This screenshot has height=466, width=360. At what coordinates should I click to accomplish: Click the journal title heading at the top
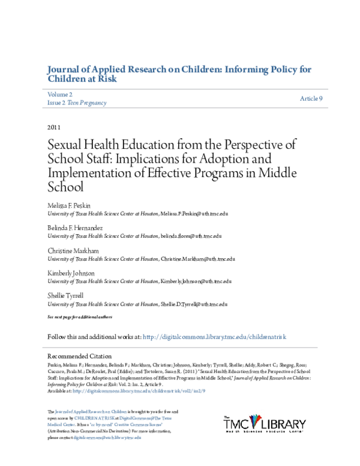tap(178, 74)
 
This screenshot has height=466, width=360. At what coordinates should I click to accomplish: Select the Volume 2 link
tap(59, 94)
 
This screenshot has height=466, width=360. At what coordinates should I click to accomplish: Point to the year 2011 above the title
tap(55, 127)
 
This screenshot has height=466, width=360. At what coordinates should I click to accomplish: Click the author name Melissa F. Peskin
tap(71, 206)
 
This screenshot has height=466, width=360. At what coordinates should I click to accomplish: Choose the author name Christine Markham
tap(73, 251)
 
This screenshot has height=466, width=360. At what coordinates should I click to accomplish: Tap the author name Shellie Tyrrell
tap(67, 295)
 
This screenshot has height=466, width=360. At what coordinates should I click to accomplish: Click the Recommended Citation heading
tap(80, 356)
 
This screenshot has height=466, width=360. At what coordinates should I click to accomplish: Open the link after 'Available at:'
tap(130, 390)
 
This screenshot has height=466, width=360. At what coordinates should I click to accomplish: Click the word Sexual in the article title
tap(64, 146)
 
